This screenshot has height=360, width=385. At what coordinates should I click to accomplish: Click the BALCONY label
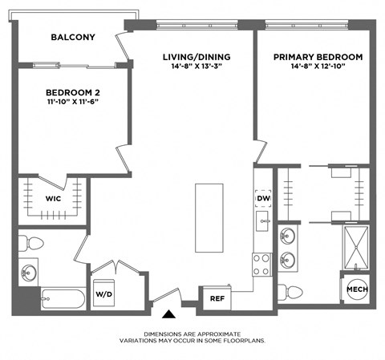tap(73, 37)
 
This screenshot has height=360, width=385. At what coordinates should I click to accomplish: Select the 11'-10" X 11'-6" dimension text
tap(73, 103)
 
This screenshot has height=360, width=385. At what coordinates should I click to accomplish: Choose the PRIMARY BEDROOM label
tap(318, 57)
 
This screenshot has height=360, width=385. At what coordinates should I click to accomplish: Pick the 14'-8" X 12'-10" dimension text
tap(318, 68)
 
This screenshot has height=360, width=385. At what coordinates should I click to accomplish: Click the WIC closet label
tap(53, 198)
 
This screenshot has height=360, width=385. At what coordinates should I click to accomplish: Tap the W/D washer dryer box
tap(104, 293)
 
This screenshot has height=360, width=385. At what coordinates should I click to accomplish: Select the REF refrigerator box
tap(217, 297)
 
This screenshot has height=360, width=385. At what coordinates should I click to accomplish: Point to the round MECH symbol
tap(355, 289)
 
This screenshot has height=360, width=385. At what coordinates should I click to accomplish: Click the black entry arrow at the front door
tap(169, 315)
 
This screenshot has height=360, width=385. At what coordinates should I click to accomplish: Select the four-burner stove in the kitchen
tap(262, 264)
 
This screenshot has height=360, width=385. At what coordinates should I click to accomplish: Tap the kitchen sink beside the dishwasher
tap(262, 219)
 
